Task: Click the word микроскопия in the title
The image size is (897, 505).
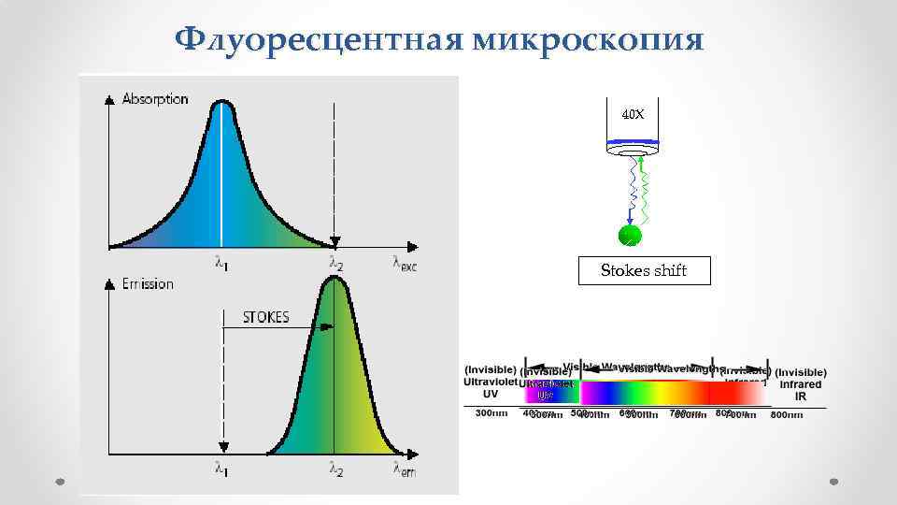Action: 589,39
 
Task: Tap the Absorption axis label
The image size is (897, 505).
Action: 155,98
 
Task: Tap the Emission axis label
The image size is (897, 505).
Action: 148,283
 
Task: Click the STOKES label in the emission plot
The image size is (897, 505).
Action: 265,316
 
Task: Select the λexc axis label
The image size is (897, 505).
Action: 405,264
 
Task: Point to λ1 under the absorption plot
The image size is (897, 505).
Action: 221,265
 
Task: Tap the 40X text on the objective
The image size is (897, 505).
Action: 633,114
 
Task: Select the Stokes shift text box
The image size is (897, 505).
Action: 644,270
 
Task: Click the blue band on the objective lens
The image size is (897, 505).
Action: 633,145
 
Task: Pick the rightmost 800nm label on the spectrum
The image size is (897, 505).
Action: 787,414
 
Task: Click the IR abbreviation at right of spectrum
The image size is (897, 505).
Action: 800,396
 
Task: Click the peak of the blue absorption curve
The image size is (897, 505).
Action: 221,103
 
